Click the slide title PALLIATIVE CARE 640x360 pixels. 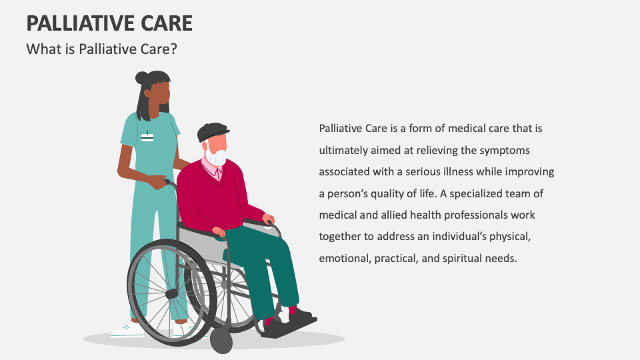pyautogui.click(x=109, y=23)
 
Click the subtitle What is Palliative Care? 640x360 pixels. pyautogui.click(x=101, y=49)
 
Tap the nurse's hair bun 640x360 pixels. pyautogui.click(x=142, y=78)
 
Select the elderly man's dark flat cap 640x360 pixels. pyautogui.click(x=213, y=131)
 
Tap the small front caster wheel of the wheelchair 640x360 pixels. pyautogui.click(x=221, y=340)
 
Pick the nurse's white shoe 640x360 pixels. pyautogui.click(x=127, y=330)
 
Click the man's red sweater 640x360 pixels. pyautogui.click(x=210, y=197)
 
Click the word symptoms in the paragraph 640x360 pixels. pyautogui.click(x=505, y=150)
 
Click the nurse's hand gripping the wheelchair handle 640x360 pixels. pyautogui.click(x=158, y=182)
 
